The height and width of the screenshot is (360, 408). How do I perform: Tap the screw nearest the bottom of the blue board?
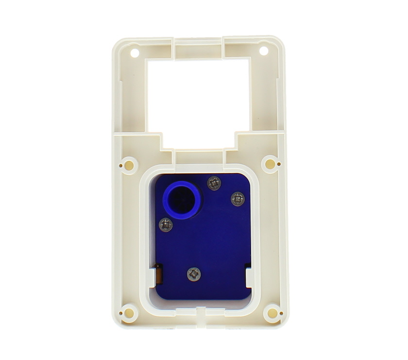pos(194,274)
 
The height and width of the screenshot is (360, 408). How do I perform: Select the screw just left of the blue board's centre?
pos(166,224)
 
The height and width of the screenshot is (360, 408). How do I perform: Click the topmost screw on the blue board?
pos(214,183)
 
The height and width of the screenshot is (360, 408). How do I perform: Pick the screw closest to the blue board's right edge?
pos(238,198)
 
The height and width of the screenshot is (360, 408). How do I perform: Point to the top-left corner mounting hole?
pos(135,51)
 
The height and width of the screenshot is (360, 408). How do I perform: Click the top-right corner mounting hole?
pos(264,50)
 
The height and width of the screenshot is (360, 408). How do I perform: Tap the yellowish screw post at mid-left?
pos(129,165)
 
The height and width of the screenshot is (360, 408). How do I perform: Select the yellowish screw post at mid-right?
pos(270,164)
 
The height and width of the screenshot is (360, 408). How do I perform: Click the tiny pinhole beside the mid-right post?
pos(279,164)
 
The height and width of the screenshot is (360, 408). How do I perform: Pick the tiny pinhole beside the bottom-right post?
pos(281,314)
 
